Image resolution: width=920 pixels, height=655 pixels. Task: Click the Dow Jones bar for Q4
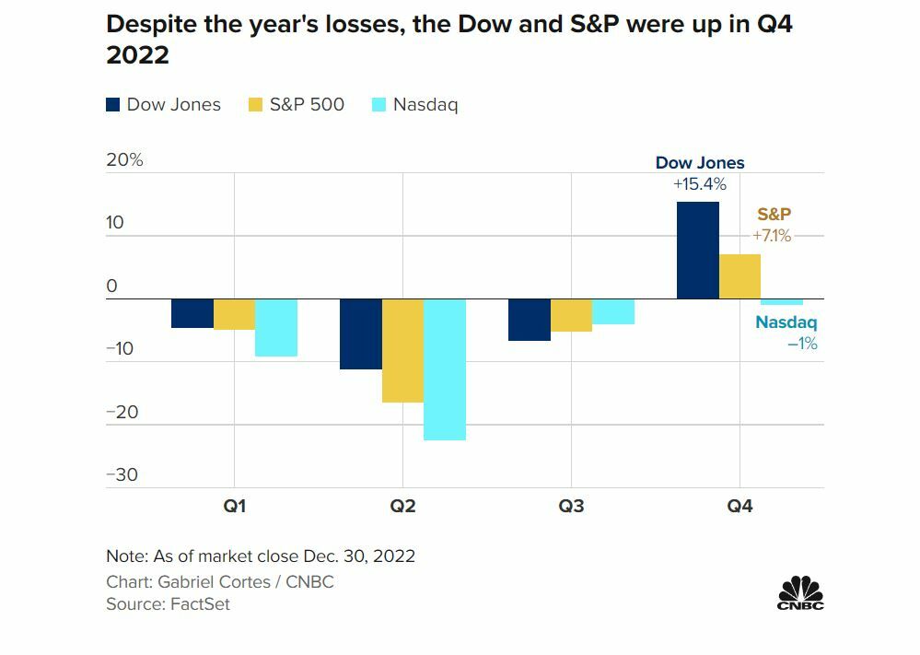[x=697, y=251]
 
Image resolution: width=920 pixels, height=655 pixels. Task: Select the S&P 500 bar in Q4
[x=739, y=276]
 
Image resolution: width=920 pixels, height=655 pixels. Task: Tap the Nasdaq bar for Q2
[x=445, y=369]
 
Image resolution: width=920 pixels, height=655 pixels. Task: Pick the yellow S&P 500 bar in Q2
[x=402, y=351]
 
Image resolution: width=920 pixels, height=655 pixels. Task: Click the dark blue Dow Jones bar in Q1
[x=192, y=313]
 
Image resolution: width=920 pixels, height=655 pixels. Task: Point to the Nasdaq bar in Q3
[x=613, y=311]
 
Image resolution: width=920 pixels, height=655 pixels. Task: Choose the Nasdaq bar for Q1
[x=276, y=328]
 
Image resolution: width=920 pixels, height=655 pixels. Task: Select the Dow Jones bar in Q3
[x=529, y=320]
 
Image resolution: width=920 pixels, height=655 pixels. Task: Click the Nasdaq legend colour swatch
[x=378, y=105]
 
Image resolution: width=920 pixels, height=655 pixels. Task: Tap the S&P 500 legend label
[x=307, y=104]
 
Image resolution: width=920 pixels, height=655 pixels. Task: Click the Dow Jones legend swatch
[x=113, y=105]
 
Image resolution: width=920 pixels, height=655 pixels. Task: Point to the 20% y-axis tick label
[x=125, y=159]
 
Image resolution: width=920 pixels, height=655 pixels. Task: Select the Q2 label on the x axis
[x=402, y=507]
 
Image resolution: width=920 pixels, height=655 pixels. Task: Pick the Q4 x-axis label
[x=739, y=507]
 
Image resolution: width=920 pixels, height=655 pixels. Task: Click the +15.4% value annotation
[x=700, y=184]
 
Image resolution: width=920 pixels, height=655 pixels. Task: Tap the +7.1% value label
[x=772, y=236]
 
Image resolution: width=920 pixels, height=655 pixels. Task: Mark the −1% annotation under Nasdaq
[x=802, y=344]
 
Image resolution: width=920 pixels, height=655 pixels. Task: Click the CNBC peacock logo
[x=800, y=591]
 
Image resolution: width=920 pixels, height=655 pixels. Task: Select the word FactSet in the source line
[x=200, y=604]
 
